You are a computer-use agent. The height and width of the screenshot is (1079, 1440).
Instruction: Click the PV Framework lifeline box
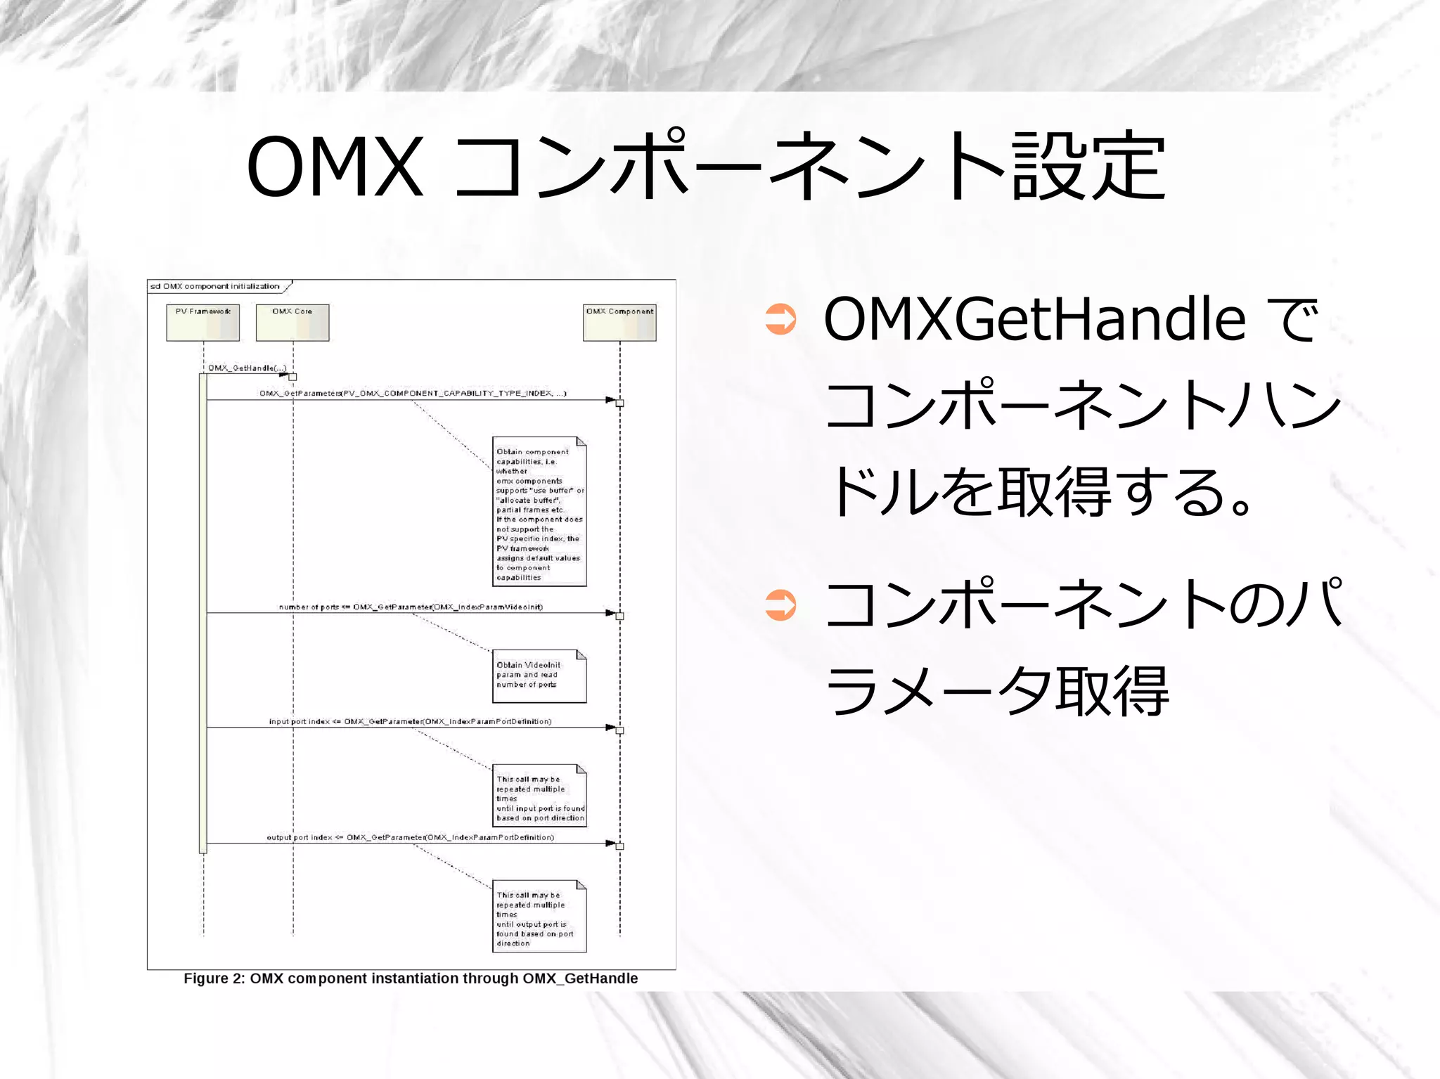point(202,323)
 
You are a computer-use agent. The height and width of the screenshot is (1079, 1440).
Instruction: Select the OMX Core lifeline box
point(292,323)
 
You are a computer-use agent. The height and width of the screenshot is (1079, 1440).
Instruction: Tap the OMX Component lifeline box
point(619,323)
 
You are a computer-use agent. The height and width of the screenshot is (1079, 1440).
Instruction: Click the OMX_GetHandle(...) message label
point(247,368)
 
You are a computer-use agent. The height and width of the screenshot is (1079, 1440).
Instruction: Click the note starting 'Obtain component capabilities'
point(539,512)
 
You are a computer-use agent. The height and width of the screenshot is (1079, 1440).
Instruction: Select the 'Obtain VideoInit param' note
point(539,676)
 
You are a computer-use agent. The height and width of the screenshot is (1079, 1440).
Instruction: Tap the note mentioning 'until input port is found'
point(539,796)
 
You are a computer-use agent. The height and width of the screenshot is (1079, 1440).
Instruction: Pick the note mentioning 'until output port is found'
point(539,917)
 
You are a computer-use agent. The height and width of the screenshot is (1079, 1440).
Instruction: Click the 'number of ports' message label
point(411,607)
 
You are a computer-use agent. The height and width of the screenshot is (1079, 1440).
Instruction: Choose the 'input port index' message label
point(410,721)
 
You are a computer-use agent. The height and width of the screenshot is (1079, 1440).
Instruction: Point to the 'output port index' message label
point(410,837)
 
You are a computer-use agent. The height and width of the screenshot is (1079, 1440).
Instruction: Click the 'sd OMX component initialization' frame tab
point(215,286)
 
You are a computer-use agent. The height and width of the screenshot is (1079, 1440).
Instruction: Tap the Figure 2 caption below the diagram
point(411,978)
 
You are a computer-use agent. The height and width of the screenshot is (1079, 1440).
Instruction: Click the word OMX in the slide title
point(335,167)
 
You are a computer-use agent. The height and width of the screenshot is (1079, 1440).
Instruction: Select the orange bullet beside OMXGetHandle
point(780,320)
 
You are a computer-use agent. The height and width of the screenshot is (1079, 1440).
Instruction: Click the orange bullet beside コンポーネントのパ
point(780,605)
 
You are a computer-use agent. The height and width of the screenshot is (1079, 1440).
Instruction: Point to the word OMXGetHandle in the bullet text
point(1034,320)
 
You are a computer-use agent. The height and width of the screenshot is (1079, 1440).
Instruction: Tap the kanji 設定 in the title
point(1089,167)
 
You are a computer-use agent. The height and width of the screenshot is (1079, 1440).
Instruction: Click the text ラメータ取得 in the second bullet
point(997,692)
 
